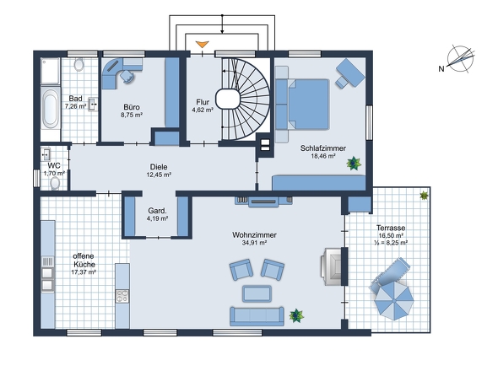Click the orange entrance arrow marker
tap(202, 45)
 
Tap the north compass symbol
tap(460, 59)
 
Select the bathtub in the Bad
tap(50, 109)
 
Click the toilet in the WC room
tap(55, 183)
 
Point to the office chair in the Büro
tap(127, 76)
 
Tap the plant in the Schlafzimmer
tap(354, 163)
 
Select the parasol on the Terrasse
tap(394, 300)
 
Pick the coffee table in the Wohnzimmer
tap(257, 293)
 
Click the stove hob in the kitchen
tap(122, 296)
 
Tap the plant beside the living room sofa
tap(296, 316)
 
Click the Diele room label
tap(159, 167)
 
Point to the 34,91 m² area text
tap(254, 243)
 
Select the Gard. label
tap(157, 211)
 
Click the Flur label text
tap(203, 102)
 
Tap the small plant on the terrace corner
tap(424, 196)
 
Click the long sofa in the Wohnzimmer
tap(257, 316)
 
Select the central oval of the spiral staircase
tap(227, 99)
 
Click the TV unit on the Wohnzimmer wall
tap(263, 202)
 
